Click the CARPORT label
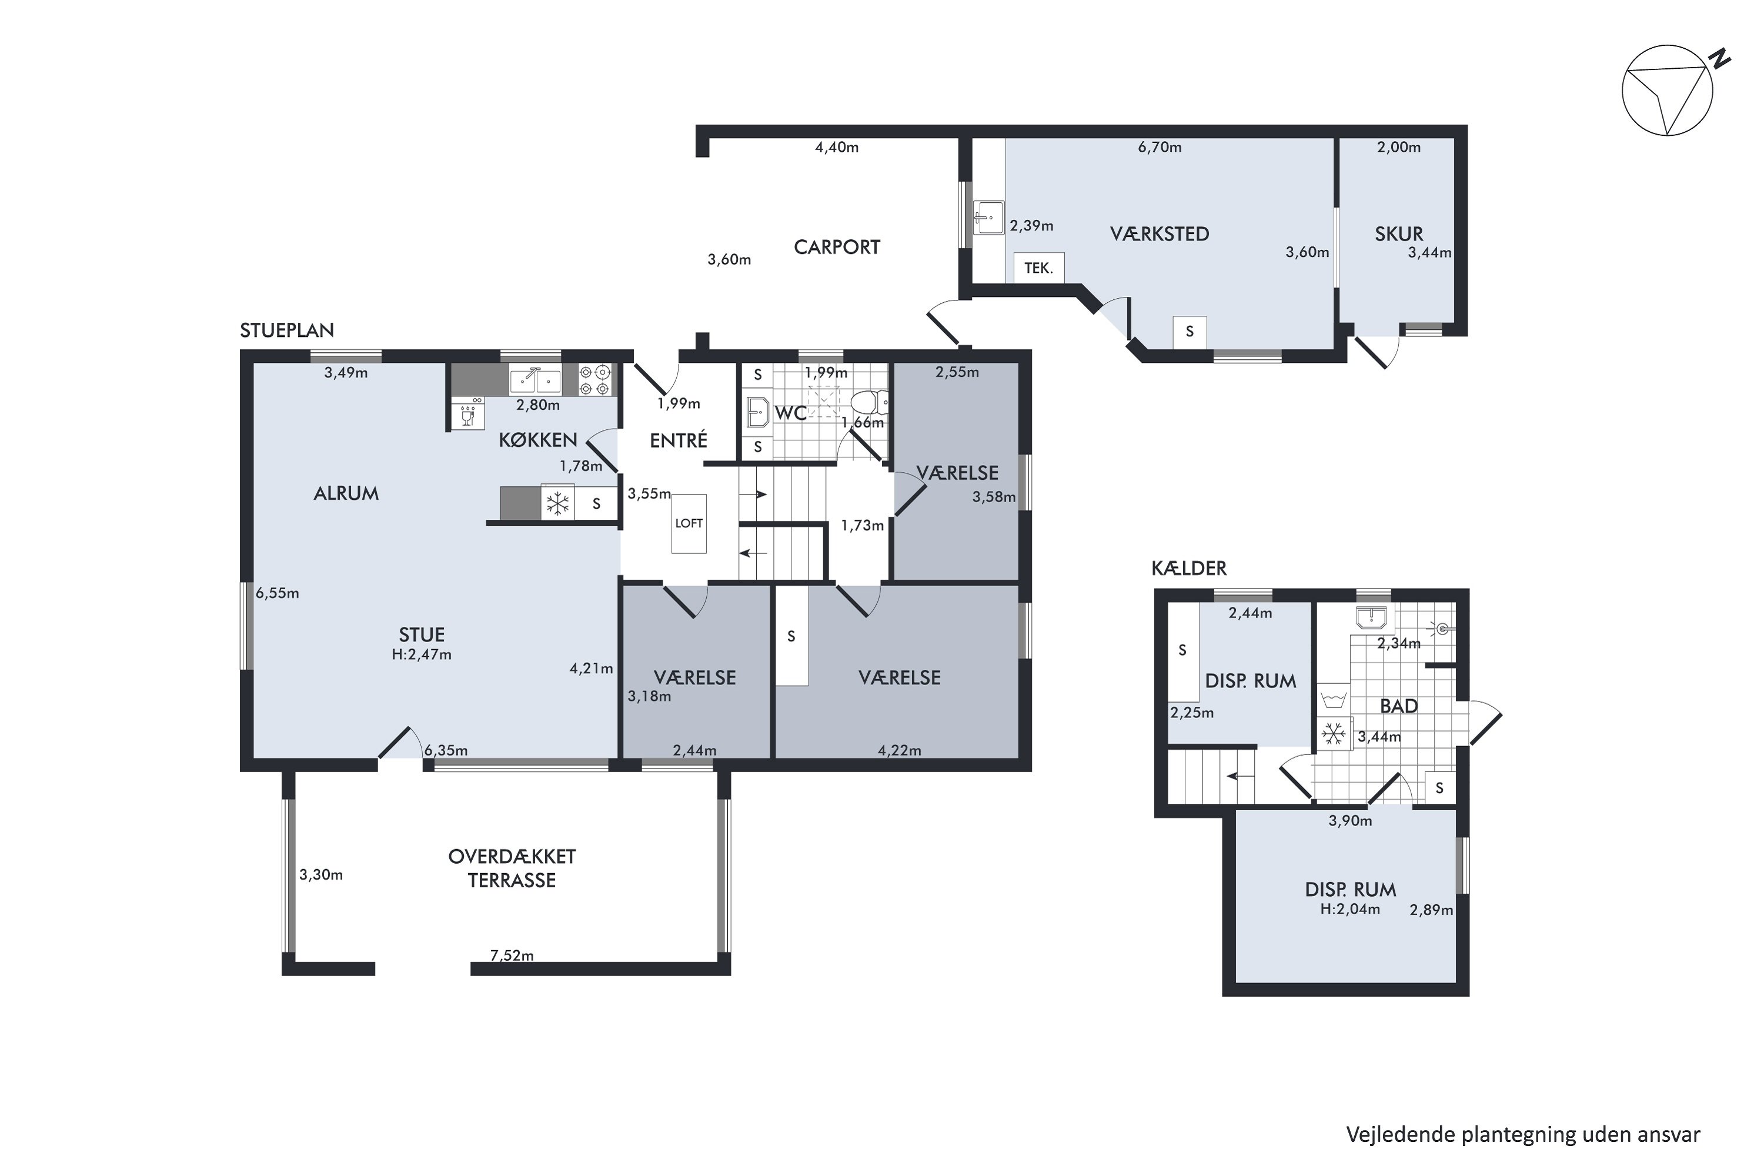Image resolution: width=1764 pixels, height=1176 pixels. pyautogui.click(x=836, y=247)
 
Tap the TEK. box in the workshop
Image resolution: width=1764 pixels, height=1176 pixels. pyautogui.click(x=1039, y=268)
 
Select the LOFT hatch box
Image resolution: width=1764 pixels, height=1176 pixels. pyautogui.click(x=689, y=523)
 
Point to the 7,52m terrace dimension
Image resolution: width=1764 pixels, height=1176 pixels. pyautogui.click(x=512, y=955)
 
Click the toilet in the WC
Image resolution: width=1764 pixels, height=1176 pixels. pyautogui.click(x=870, y=403)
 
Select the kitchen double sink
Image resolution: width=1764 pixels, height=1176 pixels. pyautogui.click(x=534, y=380)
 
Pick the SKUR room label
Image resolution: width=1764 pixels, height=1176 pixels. pyautogui.click(x=1399, y=234)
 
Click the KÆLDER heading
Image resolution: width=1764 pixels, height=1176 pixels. pyautogui.click(x=1189, y=569)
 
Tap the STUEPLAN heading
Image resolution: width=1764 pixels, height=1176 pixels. pyautogui.click(x=286, y=330)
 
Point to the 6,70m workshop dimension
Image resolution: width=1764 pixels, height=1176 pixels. pyautogui.click(x=1160, y=147)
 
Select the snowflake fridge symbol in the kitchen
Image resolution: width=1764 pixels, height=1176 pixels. pyautogui.click(x=557, y=503)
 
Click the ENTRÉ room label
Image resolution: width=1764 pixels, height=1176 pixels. pyautogui.click(x=678, y=440)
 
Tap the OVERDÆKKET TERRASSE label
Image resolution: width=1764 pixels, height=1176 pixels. pyautogui.click(x=512, y=868)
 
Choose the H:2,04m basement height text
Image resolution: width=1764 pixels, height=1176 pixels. pyautogui.click(x=1350, y=909)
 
